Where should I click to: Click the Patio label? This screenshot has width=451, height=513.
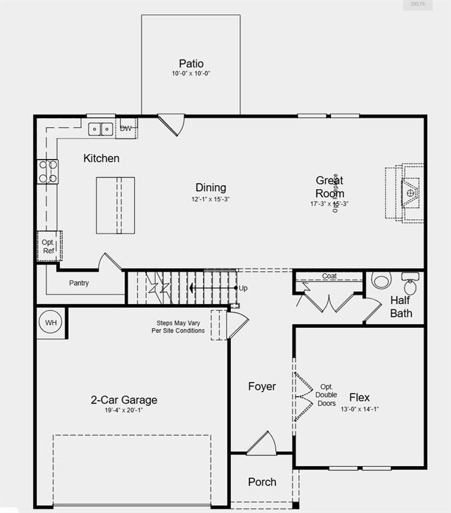(x=191, y=63)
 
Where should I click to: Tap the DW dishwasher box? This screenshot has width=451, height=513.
(x=126, y=128)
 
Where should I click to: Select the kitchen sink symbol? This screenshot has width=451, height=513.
(x=100, y=128)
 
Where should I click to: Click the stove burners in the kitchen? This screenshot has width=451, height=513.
(x=47, y=171)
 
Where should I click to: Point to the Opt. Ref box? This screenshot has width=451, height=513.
(x=49, y=246)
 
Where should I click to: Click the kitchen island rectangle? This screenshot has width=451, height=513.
(x=115, y=205)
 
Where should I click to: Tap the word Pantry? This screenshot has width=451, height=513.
(x=79, y=283)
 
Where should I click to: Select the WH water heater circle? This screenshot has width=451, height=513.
(x=51, y=323)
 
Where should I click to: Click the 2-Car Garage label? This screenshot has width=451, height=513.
(x=124, y=400)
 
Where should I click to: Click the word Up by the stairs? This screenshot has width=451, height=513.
(x=243, y=289)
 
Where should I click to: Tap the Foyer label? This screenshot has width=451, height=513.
(x=262, y=386)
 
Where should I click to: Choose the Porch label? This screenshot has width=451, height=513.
(x=262, y=482)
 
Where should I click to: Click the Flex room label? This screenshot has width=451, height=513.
(x=360, y=397)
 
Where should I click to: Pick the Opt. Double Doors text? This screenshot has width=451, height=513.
(x=327, y=395)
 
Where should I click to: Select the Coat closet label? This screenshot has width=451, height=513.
(x=330, y=276)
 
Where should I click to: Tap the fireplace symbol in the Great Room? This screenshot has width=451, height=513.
(x=408, y=192)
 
